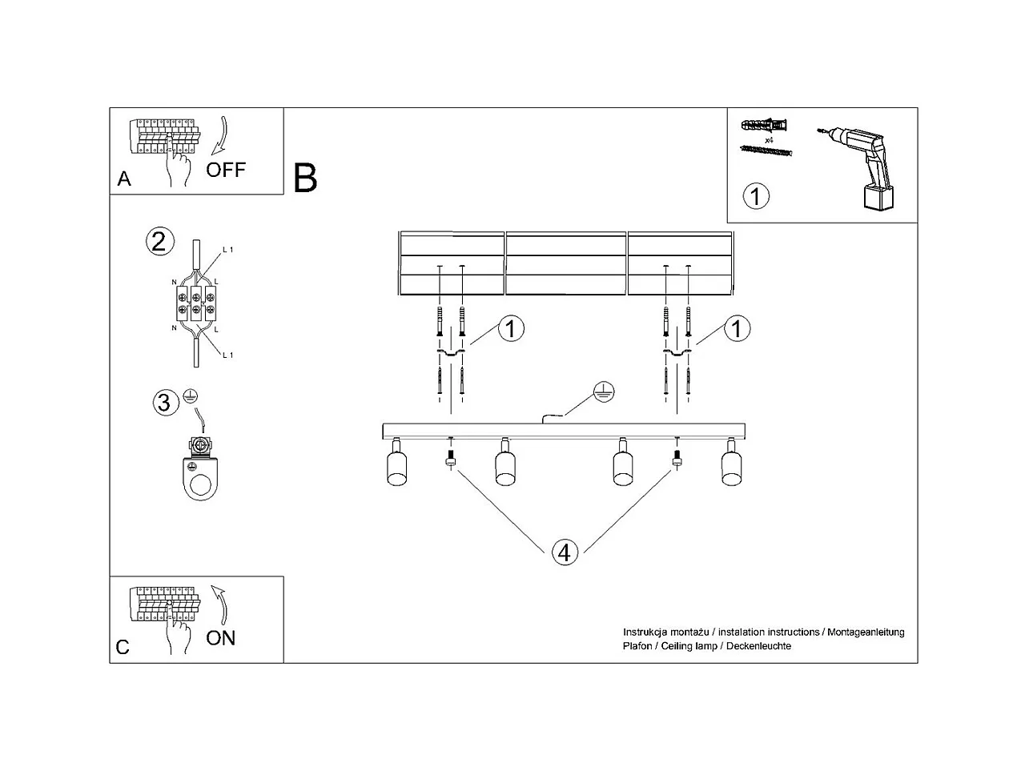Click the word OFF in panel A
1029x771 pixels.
click(225, 170)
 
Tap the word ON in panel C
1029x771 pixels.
click(221, 638)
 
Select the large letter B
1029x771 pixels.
click(305, 178)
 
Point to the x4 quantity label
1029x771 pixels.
click(769, 139)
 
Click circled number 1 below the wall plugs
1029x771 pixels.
click(755, 195)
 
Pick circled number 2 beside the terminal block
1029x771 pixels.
click(159, 241)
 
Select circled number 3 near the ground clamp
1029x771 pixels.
click(164, 402)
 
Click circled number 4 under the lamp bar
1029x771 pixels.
click(565, 552)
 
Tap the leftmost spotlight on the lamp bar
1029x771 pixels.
click(396, 466)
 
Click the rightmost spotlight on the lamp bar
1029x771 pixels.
click(730, 466)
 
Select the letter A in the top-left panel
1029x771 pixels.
click(124, 179)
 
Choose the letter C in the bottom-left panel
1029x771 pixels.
click(123, 647)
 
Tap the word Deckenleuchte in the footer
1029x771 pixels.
click(758, 646)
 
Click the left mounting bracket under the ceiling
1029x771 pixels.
click(451, 351)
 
